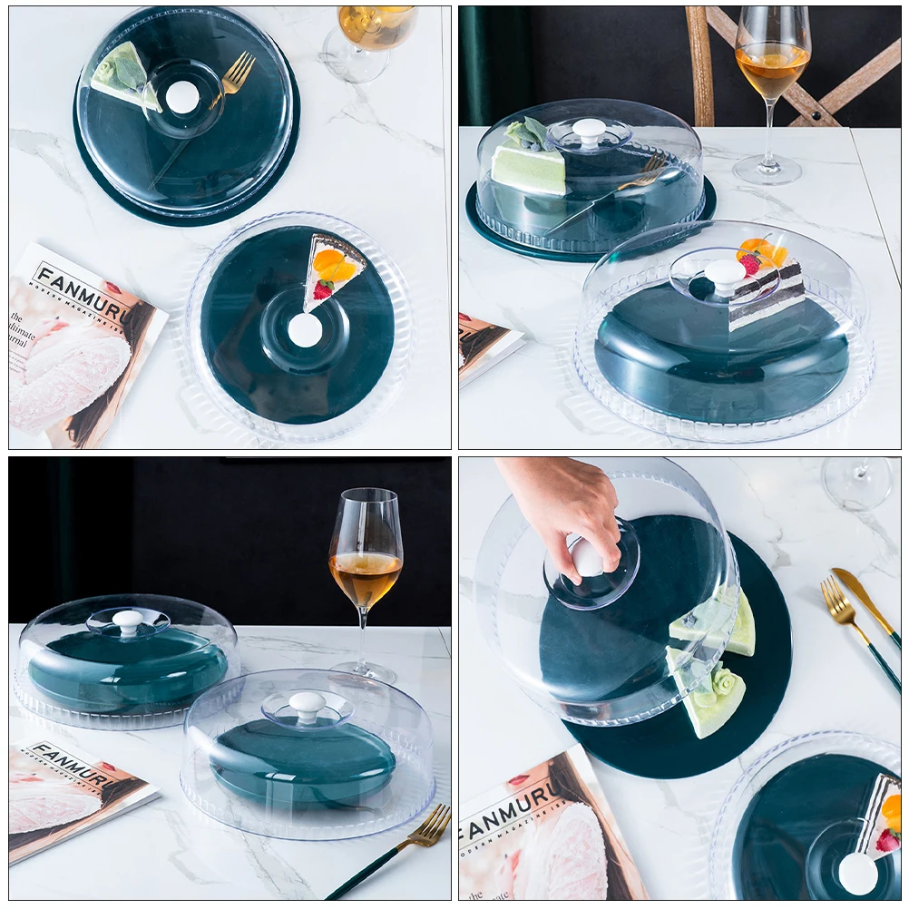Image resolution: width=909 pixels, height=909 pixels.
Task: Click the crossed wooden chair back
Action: pyautogui.click(x=798, y=73)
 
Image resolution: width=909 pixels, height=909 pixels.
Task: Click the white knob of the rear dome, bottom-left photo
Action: pyautogui.click(x=128, y=621)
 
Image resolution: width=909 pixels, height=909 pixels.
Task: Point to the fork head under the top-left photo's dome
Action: pyautogui.click(x=238, y=73)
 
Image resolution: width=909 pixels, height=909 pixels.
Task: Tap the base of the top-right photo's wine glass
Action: pyautogui.click(x=767, y=170)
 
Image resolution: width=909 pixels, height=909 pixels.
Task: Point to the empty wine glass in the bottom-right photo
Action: pyautogui.click(x=857, y=481)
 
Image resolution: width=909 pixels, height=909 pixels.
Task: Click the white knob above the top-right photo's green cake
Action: pyautogui.click(x=590, y=131)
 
